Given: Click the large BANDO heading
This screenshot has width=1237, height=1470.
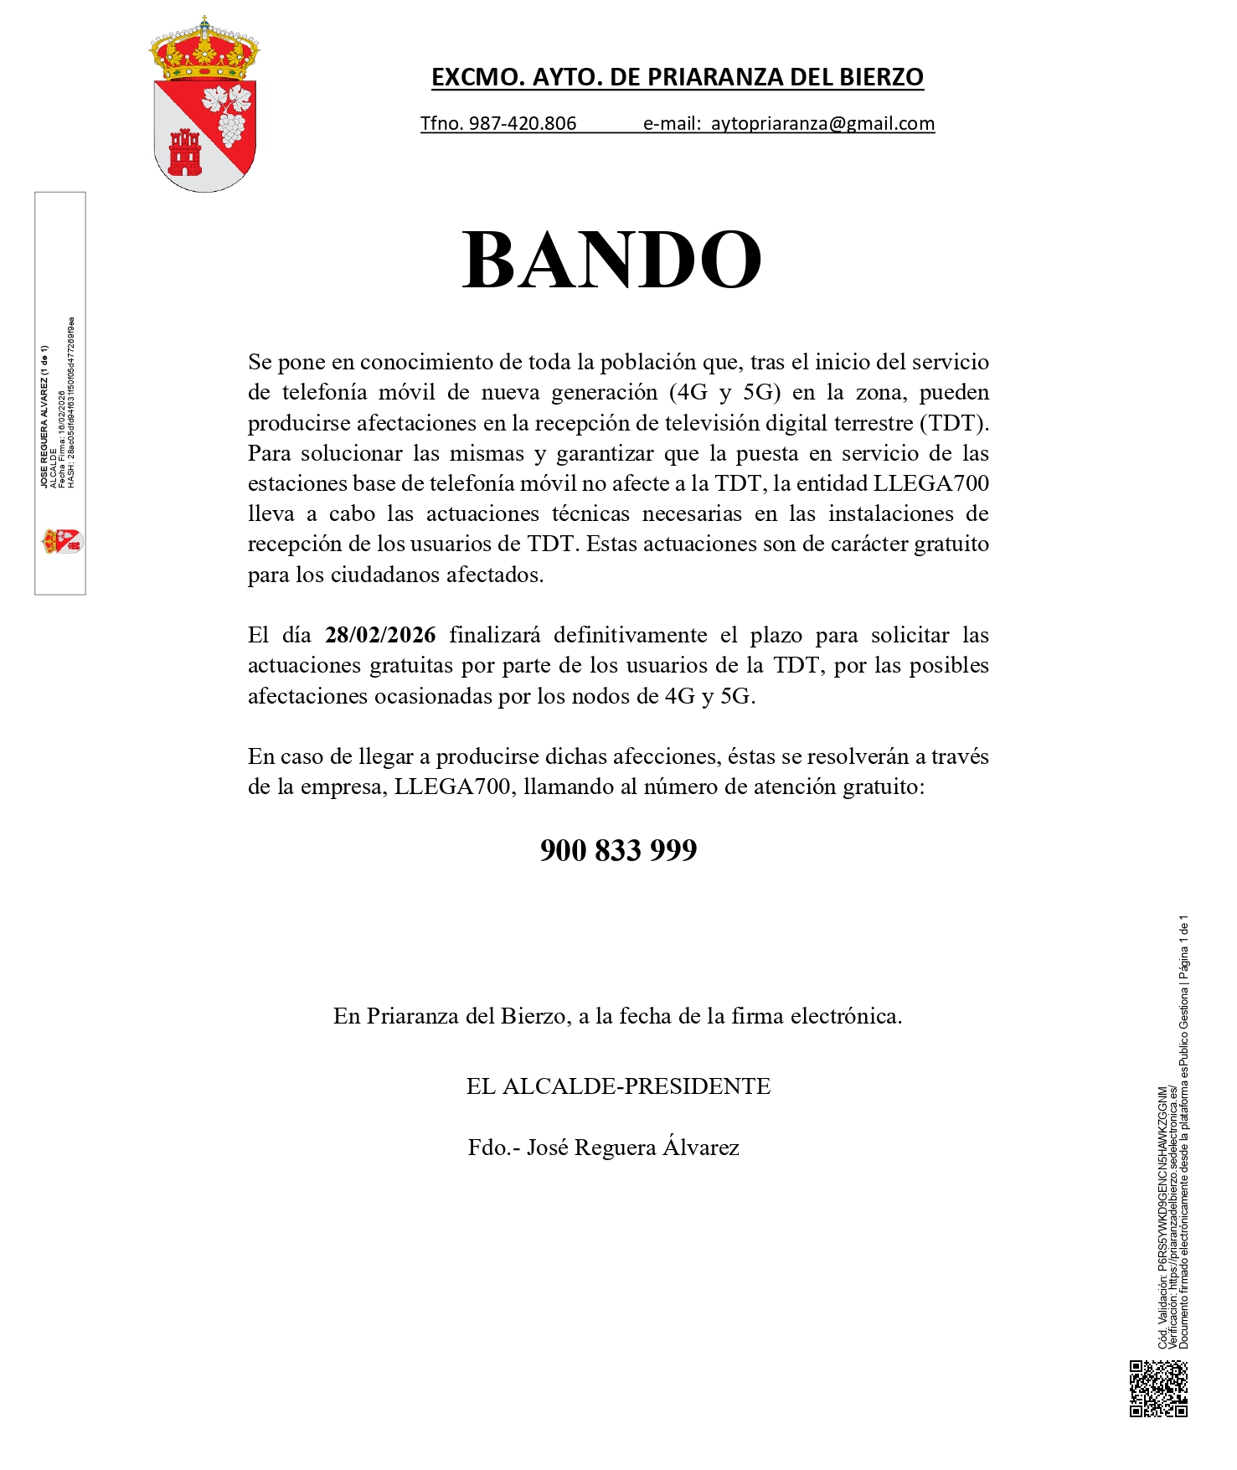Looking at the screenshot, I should (x=611, y=260).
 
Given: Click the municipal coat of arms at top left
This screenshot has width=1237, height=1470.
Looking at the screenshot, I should (x=204, y=105).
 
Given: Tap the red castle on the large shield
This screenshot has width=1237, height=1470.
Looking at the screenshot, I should (x=185, y=152).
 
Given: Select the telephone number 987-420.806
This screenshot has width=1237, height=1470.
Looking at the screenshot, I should (x=523, y=124).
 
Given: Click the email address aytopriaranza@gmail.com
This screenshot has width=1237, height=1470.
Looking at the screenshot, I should (x=822, y=124).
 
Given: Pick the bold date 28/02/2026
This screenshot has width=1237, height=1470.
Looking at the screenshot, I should (x=380, y=635).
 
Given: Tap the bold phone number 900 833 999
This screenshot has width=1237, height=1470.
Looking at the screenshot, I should (x=618, y=850).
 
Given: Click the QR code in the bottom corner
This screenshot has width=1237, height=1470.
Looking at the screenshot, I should (x=1158, y=1389).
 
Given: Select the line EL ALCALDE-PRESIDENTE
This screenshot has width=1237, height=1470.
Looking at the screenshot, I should (x=618, y=1086).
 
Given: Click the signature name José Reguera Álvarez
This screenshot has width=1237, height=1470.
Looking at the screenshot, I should (x=632, y=1148).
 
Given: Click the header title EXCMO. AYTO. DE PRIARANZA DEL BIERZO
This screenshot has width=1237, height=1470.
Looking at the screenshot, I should (x=677, y=77).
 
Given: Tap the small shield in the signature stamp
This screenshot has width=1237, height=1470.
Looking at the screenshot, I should (x=63, y=541).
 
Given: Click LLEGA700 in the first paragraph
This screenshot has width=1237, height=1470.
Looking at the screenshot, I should (x=930, y=484).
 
